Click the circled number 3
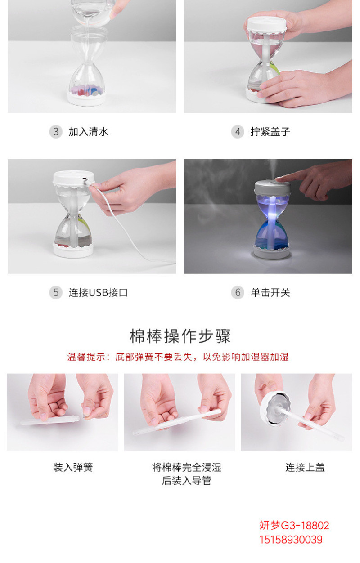pos(56,132)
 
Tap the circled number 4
pos(238,132)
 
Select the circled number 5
pos(56,292)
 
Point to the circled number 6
pos(238,292)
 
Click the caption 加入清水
pos(89,132)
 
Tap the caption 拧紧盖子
pos(270,132)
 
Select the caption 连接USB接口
pos(99,293)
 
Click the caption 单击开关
pos(270,293)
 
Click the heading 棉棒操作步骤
pos(180,336)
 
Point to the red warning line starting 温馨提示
pos(178,357)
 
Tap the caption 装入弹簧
pos(73,467)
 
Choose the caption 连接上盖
pos(305,467)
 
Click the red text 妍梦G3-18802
pos(294,525)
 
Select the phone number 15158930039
pos(291,540)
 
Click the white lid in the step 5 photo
pos(73,179)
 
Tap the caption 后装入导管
pos(186,481)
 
